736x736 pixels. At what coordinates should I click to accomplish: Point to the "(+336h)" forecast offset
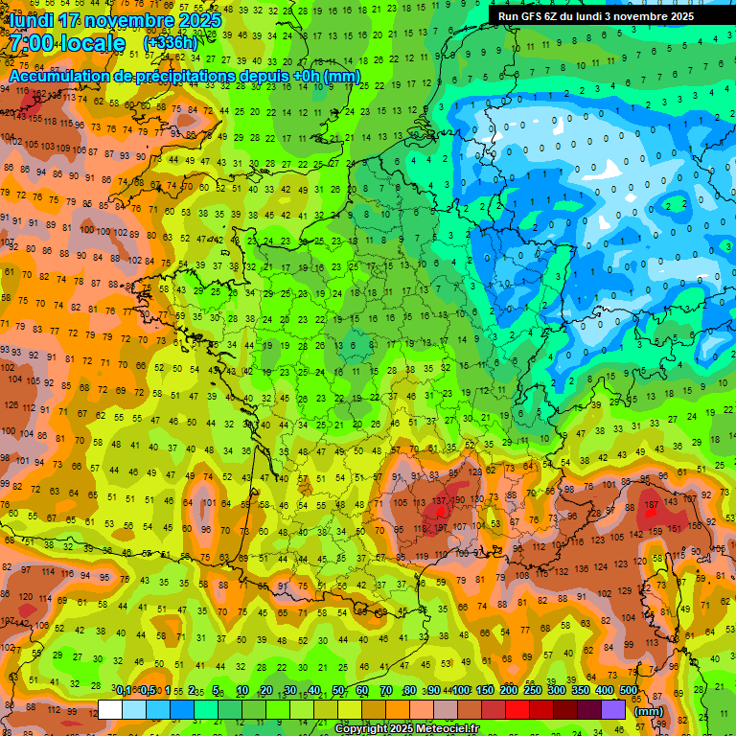click(170, 43)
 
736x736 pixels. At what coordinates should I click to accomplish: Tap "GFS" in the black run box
click(542, 16)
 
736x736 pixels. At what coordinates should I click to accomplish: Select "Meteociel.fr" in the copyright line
click(442, 729)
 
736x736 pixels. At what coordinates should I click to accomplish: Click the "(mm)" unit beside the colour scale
click(649, 711)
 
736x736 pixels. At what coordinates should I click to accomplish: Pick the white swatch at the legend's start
click(110, 710)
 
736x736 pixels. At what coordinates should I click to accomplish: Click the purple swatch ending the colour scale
click(613, 710)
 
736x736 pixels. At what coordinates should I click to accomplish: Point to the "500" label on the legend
click(629, 690)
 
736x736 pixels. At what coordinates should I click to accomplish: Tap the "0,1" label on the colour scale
click(124, 690)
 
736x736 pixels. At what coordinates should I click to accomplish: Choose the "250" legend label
click(533, 690)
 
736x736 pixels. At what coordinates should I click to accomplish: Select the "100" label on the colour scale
click(461, 690)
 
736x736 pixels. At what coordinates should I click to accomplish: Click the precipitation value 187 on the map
click(653, 505)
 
